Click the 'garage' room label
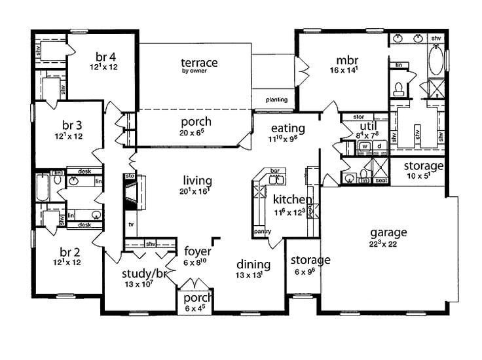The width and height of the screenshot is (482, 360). pyautogui.click(x=388, y=232)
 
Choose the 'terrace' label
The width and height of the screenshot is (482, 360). pyautogui.click(x=199, y=63)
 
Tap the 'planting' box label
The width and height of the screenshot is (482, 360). pyautogui.click(x=276, y=100)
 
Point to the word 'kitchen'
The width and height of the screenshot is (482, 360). pyautogui.click(x=292, y=199)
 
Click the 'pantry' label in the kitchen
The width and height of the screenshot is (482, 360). pyautogui.click(x=262, y=231)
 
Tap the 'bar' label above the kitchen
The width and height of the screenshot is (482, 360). pyautogui.click(x=275, y=171)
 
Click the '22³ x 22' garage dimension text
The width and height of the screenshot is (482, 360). pyautogui.click(x=388, y=243)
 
